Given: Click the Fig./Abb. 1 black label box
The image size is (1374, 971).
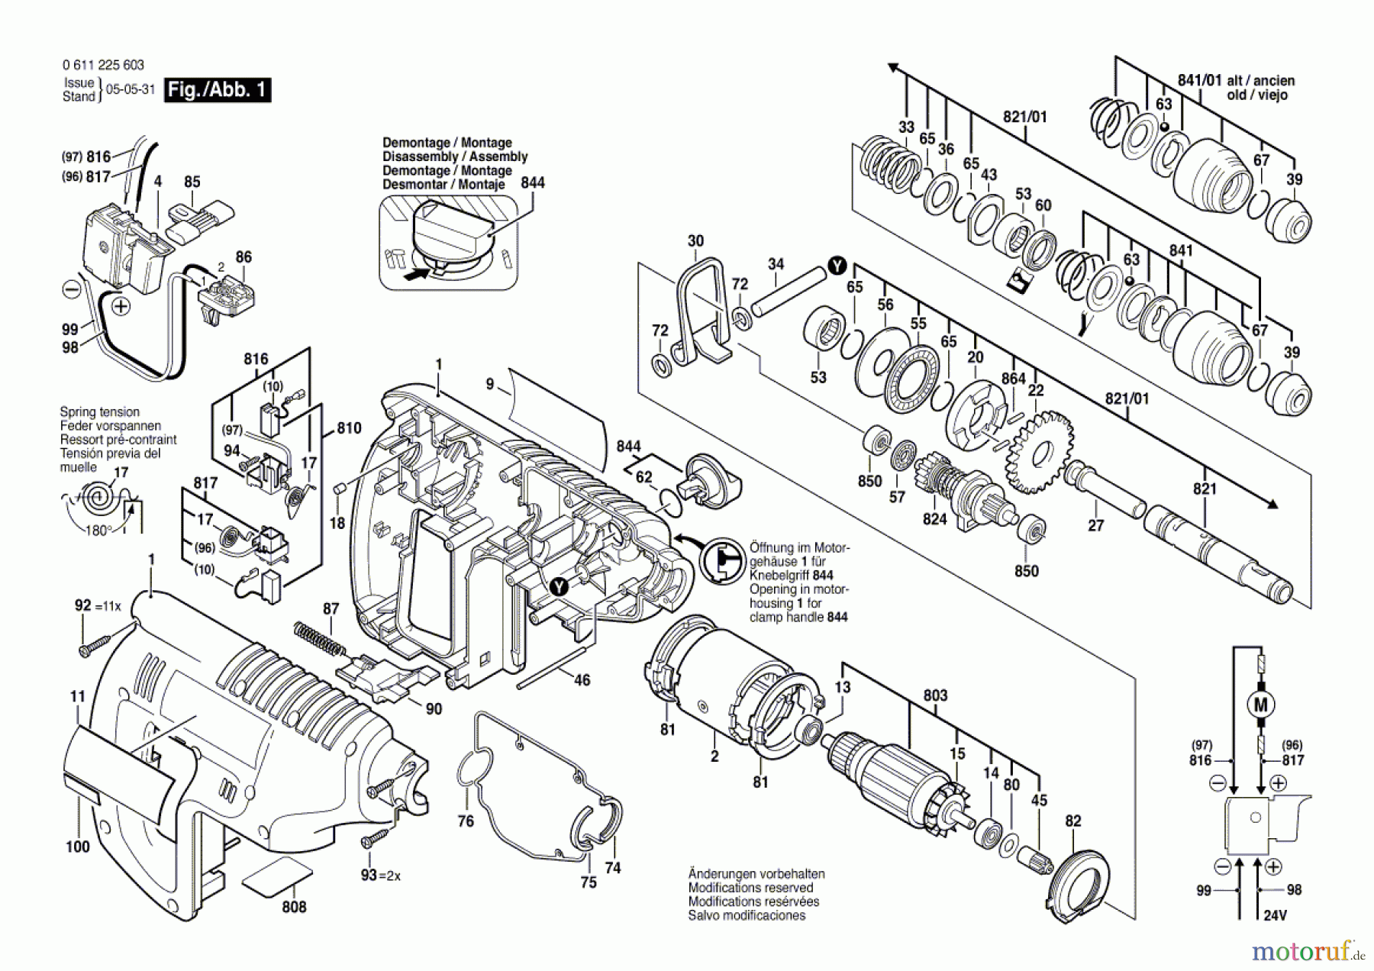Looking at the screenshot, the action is coord(218,90).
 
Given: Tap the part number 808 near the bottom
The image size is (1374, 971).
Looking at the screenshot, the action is coord(294,907).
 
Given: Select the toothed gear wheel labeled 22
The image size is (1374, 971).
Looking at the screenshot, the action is coord(1039,452).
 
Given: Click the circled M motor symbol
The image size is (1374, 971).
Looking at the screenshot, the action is coord(1261,704).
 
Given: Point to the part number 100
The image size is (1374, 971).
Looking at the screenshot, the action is coord(78,847).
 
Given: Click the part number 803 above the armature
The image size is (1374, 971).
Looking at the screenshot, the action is coord(935,695).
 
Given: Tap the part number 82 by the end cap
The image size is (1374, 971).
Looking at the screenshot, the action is coord(1073,821).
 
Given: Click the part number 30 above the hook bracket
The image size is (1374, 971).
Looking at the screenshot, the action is coord(695,241).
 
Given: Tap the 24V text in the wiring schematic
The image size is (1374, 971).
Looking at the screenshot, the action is coord(1275,915).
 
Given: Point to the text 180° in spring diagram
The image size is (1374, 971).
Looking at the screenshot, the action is coord(98,531).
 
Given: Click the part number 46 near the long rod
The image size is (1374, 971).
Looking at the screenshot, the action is coord(582,680).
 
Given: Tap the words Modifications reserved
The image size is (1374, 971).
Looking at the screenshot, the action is coord(750,888).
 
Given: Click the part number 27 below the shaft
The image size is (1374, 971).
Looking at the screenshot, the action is coord(1095,525).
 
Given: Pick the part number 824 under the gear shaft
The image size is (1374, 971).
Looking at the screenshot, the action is coord(934,519).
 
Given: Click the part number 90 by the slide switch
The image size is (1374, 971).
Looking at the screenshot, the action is coord(434,709).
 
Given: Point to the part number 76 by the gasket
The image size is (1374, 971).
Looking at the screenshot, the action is coord(466,821).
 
